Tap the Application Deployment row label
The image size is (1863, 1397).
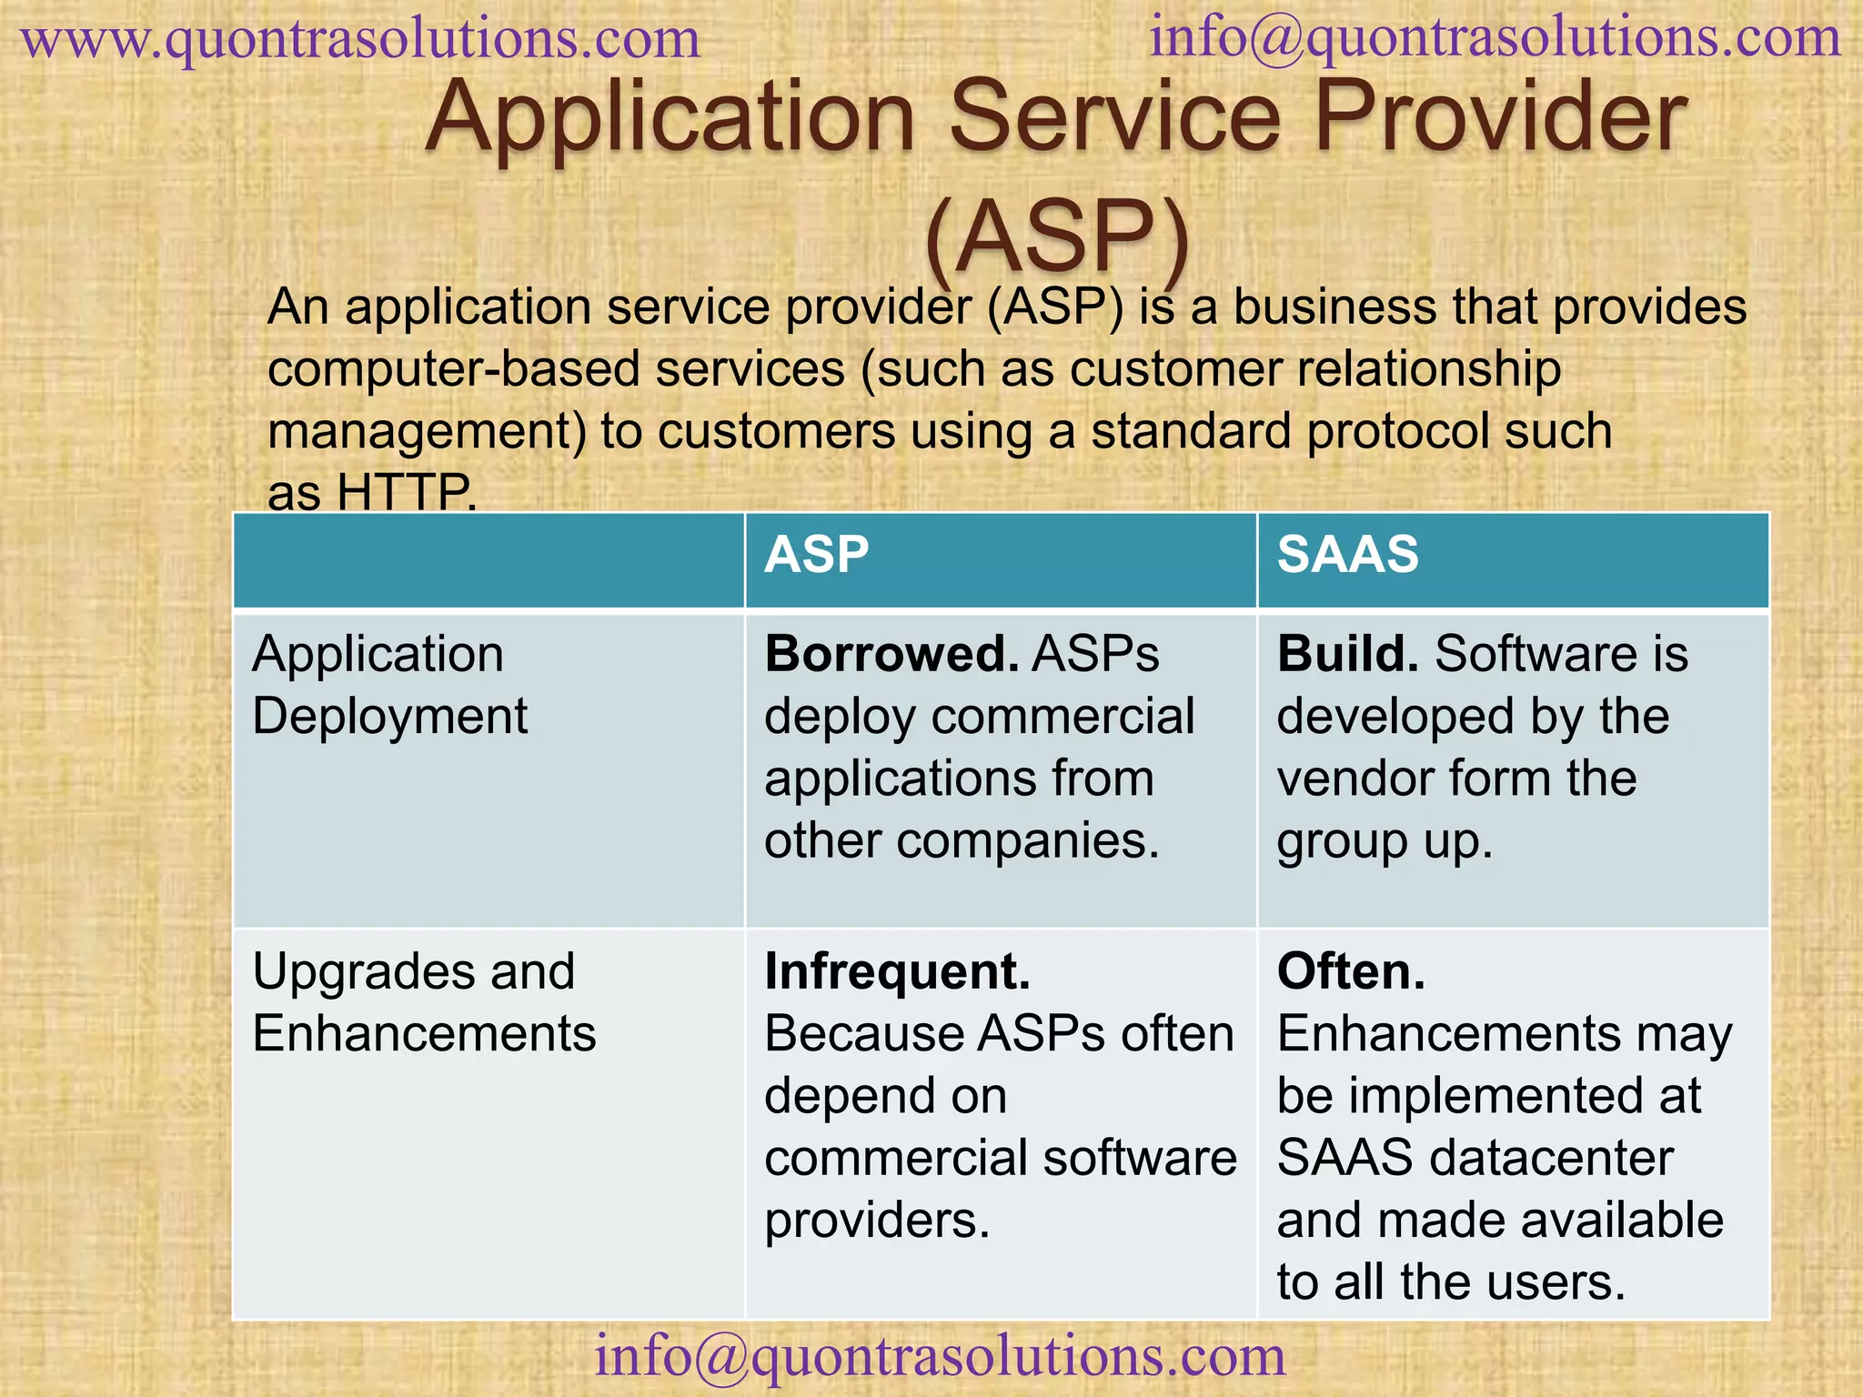coord(389,685)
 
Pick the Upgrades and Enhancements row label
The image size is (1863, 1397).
coord(424,1002)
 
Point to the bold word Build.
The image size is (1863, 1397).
coord(1347,654)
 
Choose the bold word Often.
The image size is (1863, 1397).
coord(1351,971)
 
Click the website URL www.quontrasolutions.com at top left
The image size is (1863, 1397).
coord(361,40)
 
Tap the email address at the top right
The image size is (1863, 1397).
coord(1495,38)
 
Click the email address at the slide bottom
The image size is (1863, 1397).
coord(940,1356)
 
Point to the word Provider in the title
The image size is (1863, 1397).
coord(1500,117)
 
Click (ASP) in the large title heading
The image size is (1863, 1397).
coord(1057,236)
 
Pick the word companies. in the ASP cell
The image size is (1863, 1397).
coord(1028,840)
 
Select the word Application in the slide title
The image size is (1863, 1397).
coord(670,117)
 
